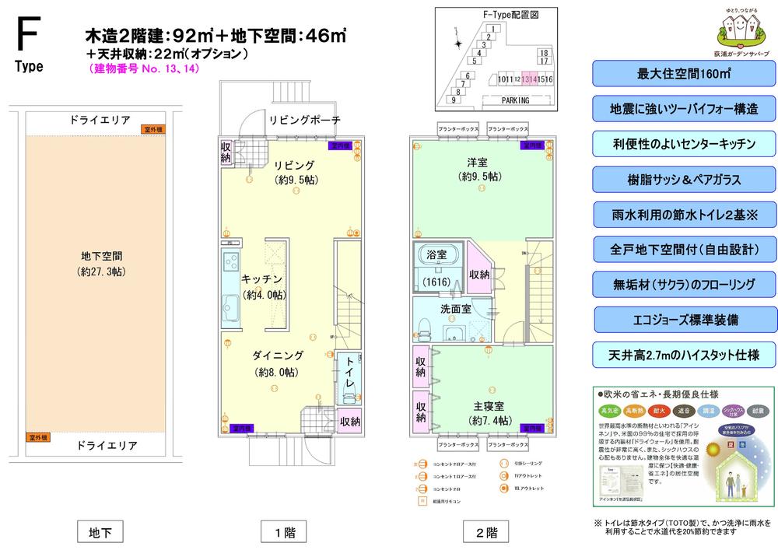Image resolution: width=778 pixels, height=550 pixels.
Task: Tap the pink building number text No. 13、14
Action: pyautogui.click(x=143, y=68)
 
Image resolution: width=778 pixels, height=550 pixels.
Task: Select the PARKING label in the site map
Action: pyautogui.click(x=513, y=100)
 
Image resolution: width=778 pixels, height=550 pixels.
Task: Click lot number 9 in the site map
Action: pyautogui.click(x=453, y=100)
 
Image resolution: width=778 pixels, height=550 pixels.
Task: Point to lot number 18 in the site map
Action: pyautogui.click(x=544, y=52)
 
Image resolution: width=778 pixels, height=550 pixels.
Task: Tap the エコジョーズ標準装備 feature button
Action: pyautogui.click(x=685, y=320)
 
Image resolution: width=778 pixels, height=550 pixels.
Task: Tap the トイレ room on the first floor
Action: pyautogui.click(x=349, y=377)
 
